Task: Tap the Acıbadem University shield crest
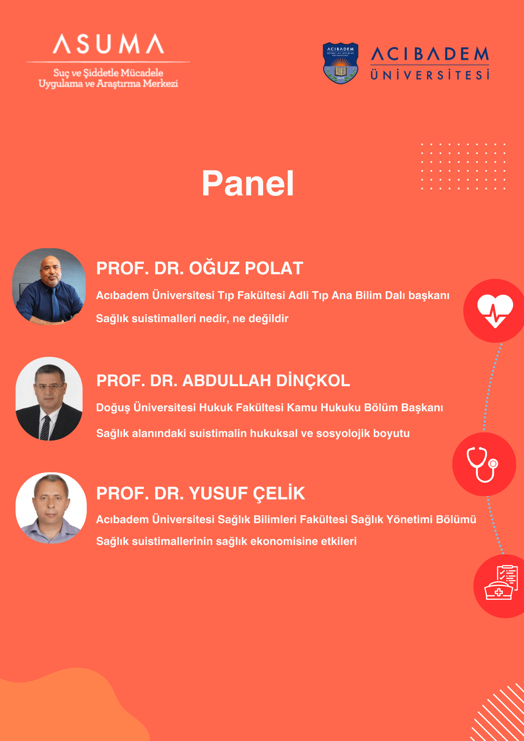tap(340, 63)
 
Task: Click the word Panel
tap(248, 183)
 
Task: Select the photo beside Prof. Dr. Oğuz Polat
tap(49, 286)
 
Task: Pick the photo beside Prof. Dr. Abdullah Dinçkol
tap(49, 399)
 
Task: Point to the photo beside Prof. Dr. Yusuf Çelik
tap(51, 508)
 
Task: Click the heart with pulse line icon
tap(495, 311)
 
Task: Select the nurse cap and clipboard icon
tap(501, 583)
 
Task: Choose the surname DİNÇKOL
tap(313, 381)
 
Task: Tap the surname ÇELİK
tap(279, 493)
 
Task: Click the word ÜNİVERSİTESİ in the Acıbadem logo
tap(430, 75)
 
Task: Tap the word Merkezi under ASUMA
tap(160, 83)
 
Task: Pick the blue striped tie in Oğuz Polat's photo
tap(54, 304)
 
